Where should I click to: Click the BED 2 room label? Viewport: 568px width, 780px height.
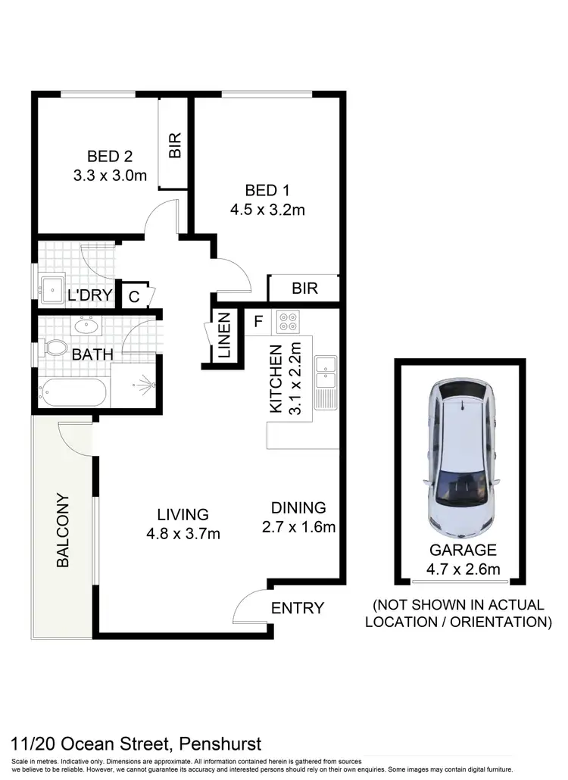point(110,157)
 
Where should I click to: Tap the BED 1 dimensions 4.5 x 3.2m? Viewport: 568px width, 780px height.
point(267,210)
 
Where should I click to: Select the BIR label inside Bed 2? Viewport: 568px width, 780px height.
point(175,145)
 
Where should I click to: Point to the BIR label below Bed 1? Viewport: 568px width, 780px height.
point(304,289)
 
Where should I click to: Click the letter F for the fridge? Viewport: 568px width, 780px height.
point(257,321)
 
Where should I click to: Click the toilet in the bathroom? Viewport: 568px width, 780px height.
point(55,349)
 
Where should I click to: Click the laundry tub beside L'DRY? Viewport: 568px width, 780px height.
point(52,289)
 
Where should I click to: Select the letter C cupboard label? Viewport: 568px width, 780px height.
point(133,297)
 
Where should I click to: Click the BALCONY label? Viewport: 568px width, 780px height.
point(63,530)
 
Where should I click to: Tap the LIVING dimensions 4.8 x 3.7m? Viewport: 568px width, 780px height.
point(184,534)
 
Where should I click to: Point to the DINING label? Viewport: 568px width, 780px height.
point(298,507)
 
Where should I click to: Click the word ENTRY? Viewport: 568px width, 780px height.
point(297,607)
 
